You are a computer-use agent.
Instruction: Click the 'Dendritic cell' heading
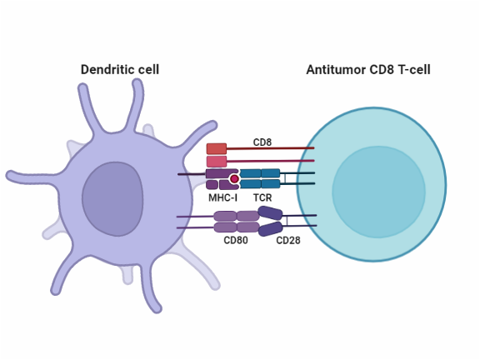(119, 69)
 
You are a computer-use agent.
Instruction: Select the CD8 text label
(262, 142)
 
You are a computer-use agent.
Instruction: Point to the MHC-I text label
(222, 197)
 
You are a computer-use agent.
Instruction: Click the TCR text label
(262, 197)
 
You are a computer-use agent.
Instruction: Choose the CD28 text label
(288, 240)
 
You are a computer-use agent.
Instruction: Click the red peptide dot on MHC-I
(235, 178)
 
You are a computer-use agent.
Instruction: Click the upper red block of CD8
(217, 148)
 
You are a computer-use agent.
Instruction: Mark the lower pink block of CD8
(217, 161)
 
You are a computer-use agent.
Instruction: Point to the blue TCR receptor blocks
(260, 178)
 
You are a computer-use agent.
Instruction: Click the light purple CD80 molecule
(237, 221)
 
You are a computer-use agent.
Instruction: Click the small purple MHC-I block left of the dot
(212, 184)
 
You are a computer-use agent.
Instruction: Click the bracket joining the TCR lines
(285, 178)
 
